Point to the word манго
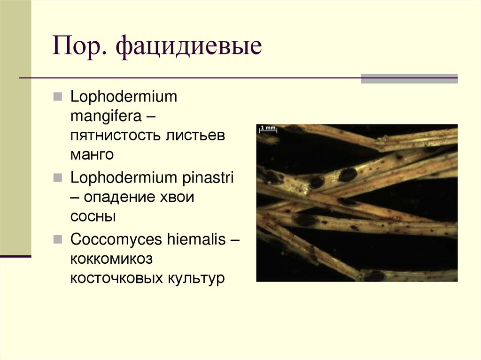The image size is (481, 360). click(x=92, y=154)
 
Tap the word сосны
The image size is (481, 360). click(x=93, y=216)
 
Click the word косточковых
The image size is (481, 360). click(x=116, y=278)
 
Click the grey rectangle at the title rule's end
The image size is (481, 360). click(x=409, y=78)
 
